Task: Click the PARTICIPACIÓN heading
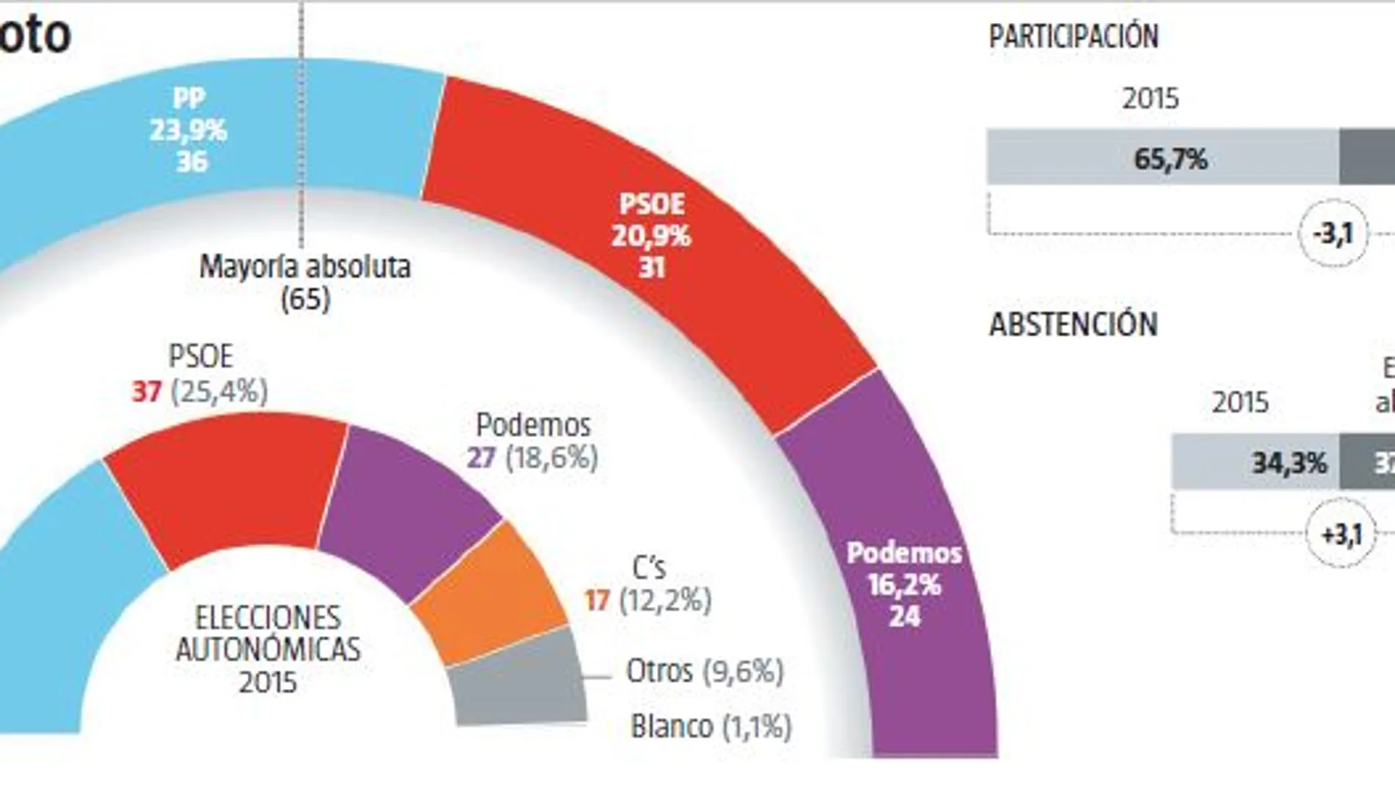pos(1073,37)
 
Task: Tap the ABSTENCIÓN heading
pos(1073,325)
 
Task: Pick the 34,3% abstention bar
pos(1255,463)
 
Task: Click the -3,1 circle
pos(1333,234)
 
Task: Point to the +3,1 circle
pos(1341,534)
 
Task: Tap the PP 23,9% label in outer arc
pos(189,130)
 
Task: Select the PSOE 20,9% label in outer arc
pos(651,235)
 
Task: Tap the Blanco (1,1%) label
pos(711,727)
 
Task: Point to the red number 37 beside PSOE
pos(147,391)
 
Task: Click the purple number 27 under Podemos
pos(482,457)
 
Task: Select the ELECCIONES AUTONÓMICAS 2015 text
pos(268,649)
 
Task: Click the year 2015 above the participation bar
pos(1150,98)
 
